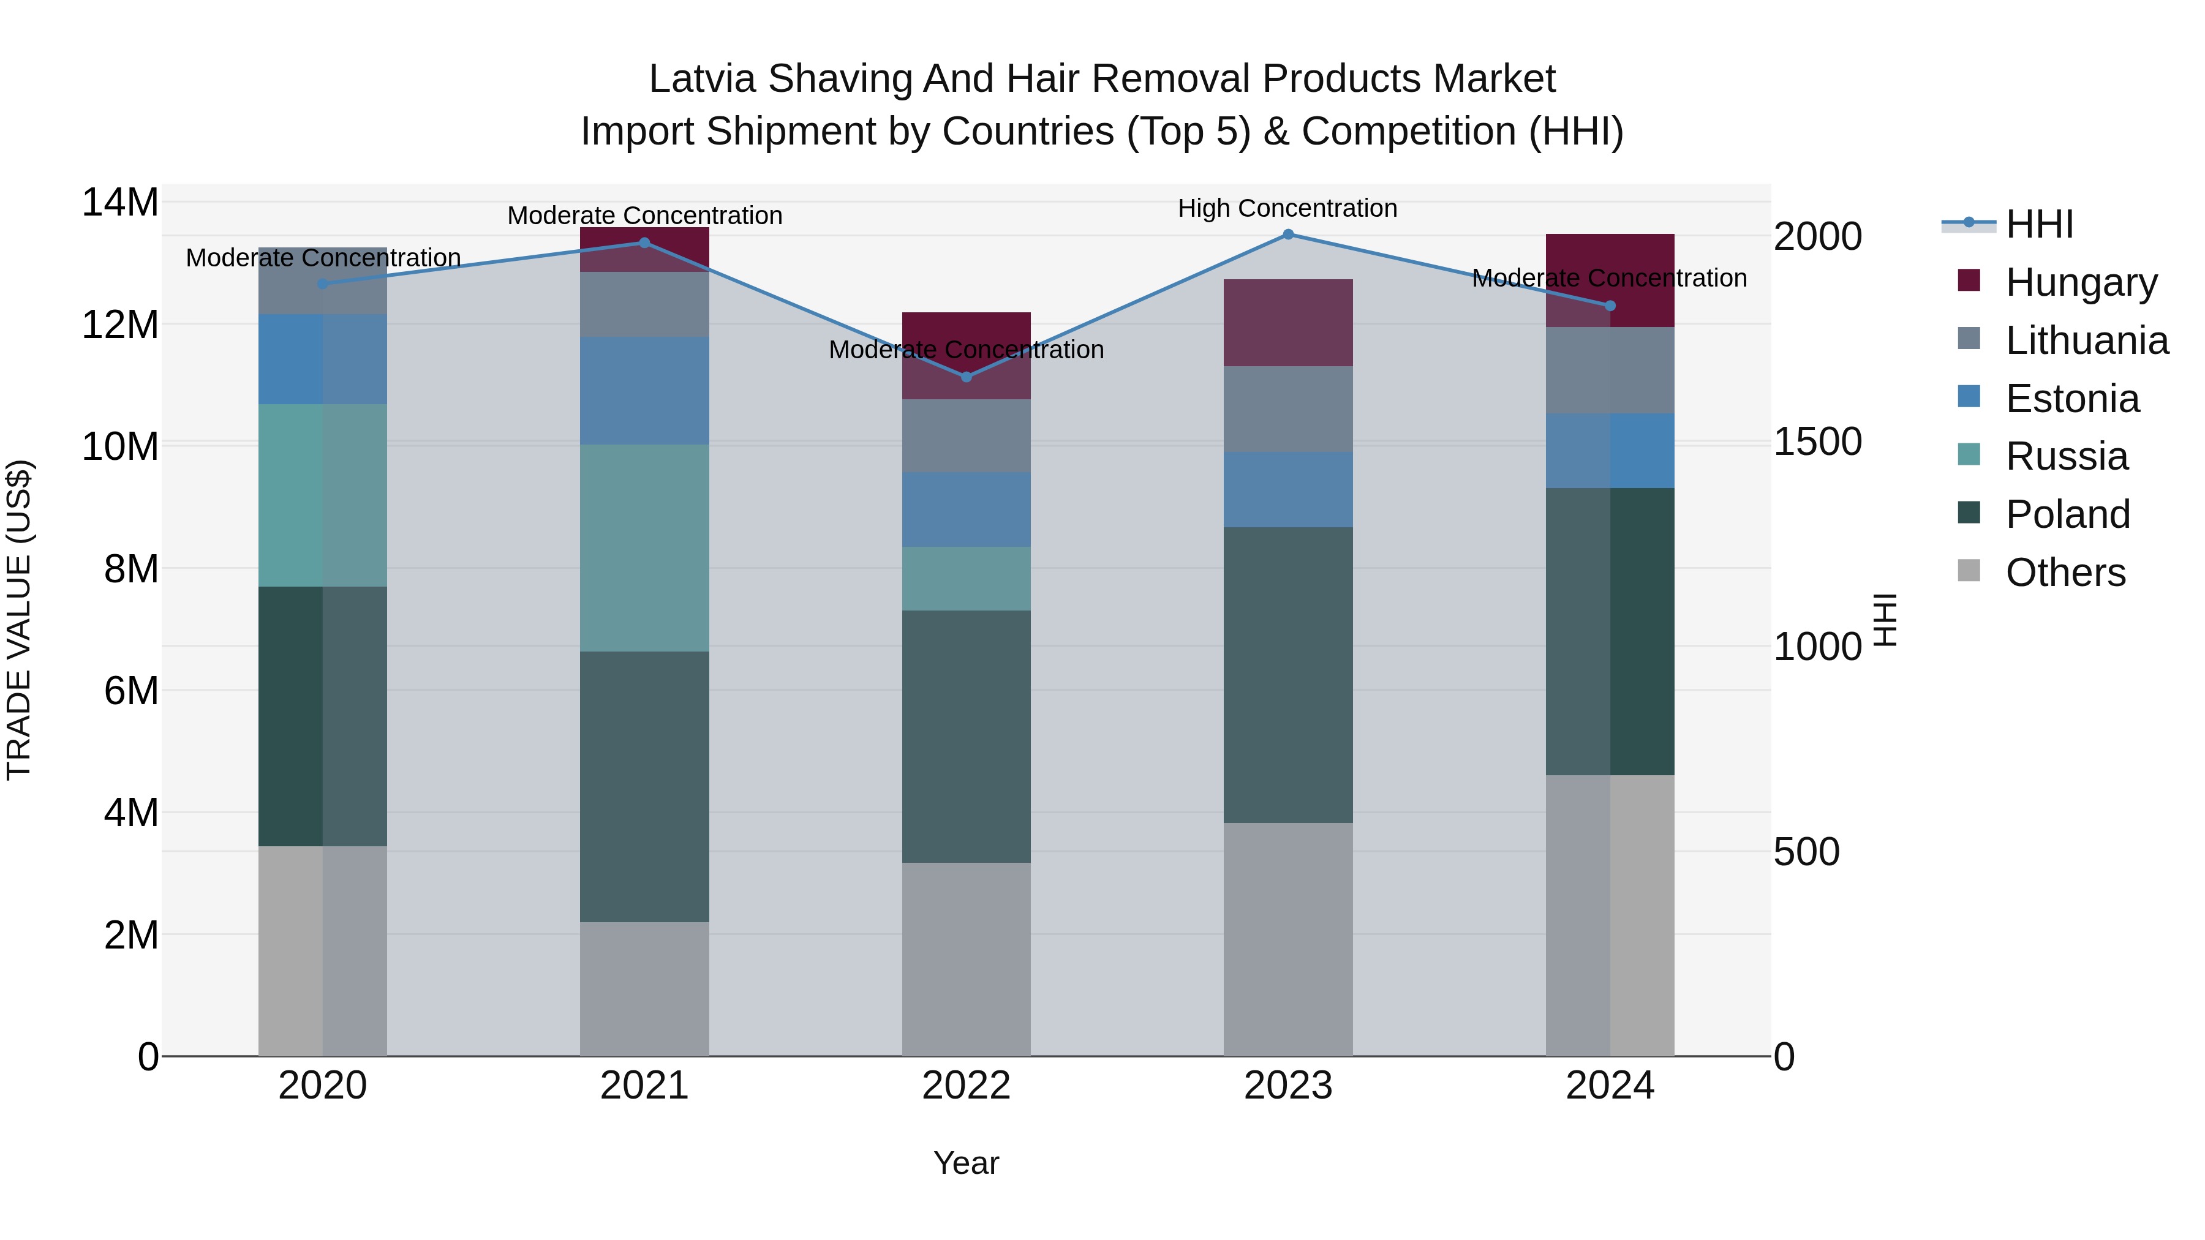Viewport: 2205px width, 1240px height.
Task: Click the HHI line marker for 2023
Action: coord(1287,235)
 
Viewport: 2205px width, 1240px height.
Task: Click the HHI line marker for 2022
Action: coord(967,377)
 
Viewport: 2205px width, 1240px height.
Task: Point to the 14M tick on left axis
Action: coord(120,203)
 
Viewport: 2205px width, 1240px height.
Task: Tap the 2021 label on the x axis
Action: coord(644,1086)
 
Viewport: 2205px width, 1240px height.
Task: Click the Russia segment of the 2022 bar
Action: coord(967,579)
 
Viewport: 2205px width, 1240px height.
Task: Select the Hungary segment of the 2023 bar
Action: coord(1287,323)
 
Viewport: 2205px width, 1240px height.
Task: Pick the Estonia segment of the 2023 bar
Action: coord(1287,489)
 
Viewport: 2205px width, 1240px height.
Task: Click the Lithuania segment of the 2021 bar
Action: coord(644,305)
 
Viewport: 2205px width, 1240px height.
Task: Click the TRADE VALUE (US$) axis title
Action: coord(19,620)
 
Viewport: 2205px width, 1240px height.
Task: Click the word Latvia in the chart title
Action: coord(702,79)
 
